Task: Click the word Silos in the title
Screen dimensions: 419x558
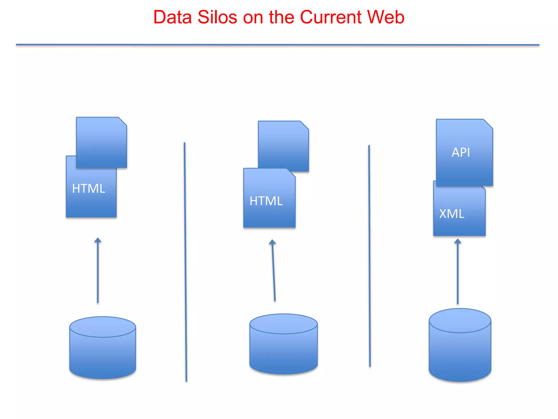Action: coord(217,17)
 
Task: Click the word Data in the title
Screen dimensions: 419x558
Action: coord(172,17)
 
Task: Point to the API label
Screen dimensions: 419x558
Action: coord(461,152)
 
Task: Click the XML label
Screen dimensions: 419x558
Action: coord(452,214)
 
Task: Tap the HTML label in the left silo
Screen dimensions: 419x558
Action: coord(89,188)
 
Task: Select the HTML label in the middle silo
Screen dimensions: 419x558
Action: coord(266,201)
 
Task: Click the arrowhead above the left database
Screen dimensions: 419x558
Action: coord(98,240)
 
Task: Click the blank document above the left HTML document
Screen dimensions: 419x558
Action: coord(101,142)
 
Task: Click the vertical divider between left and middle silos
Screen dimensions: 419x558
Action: coord(185,262)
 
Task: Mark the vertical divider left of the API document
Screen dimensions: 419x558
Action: coord(369,256)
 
